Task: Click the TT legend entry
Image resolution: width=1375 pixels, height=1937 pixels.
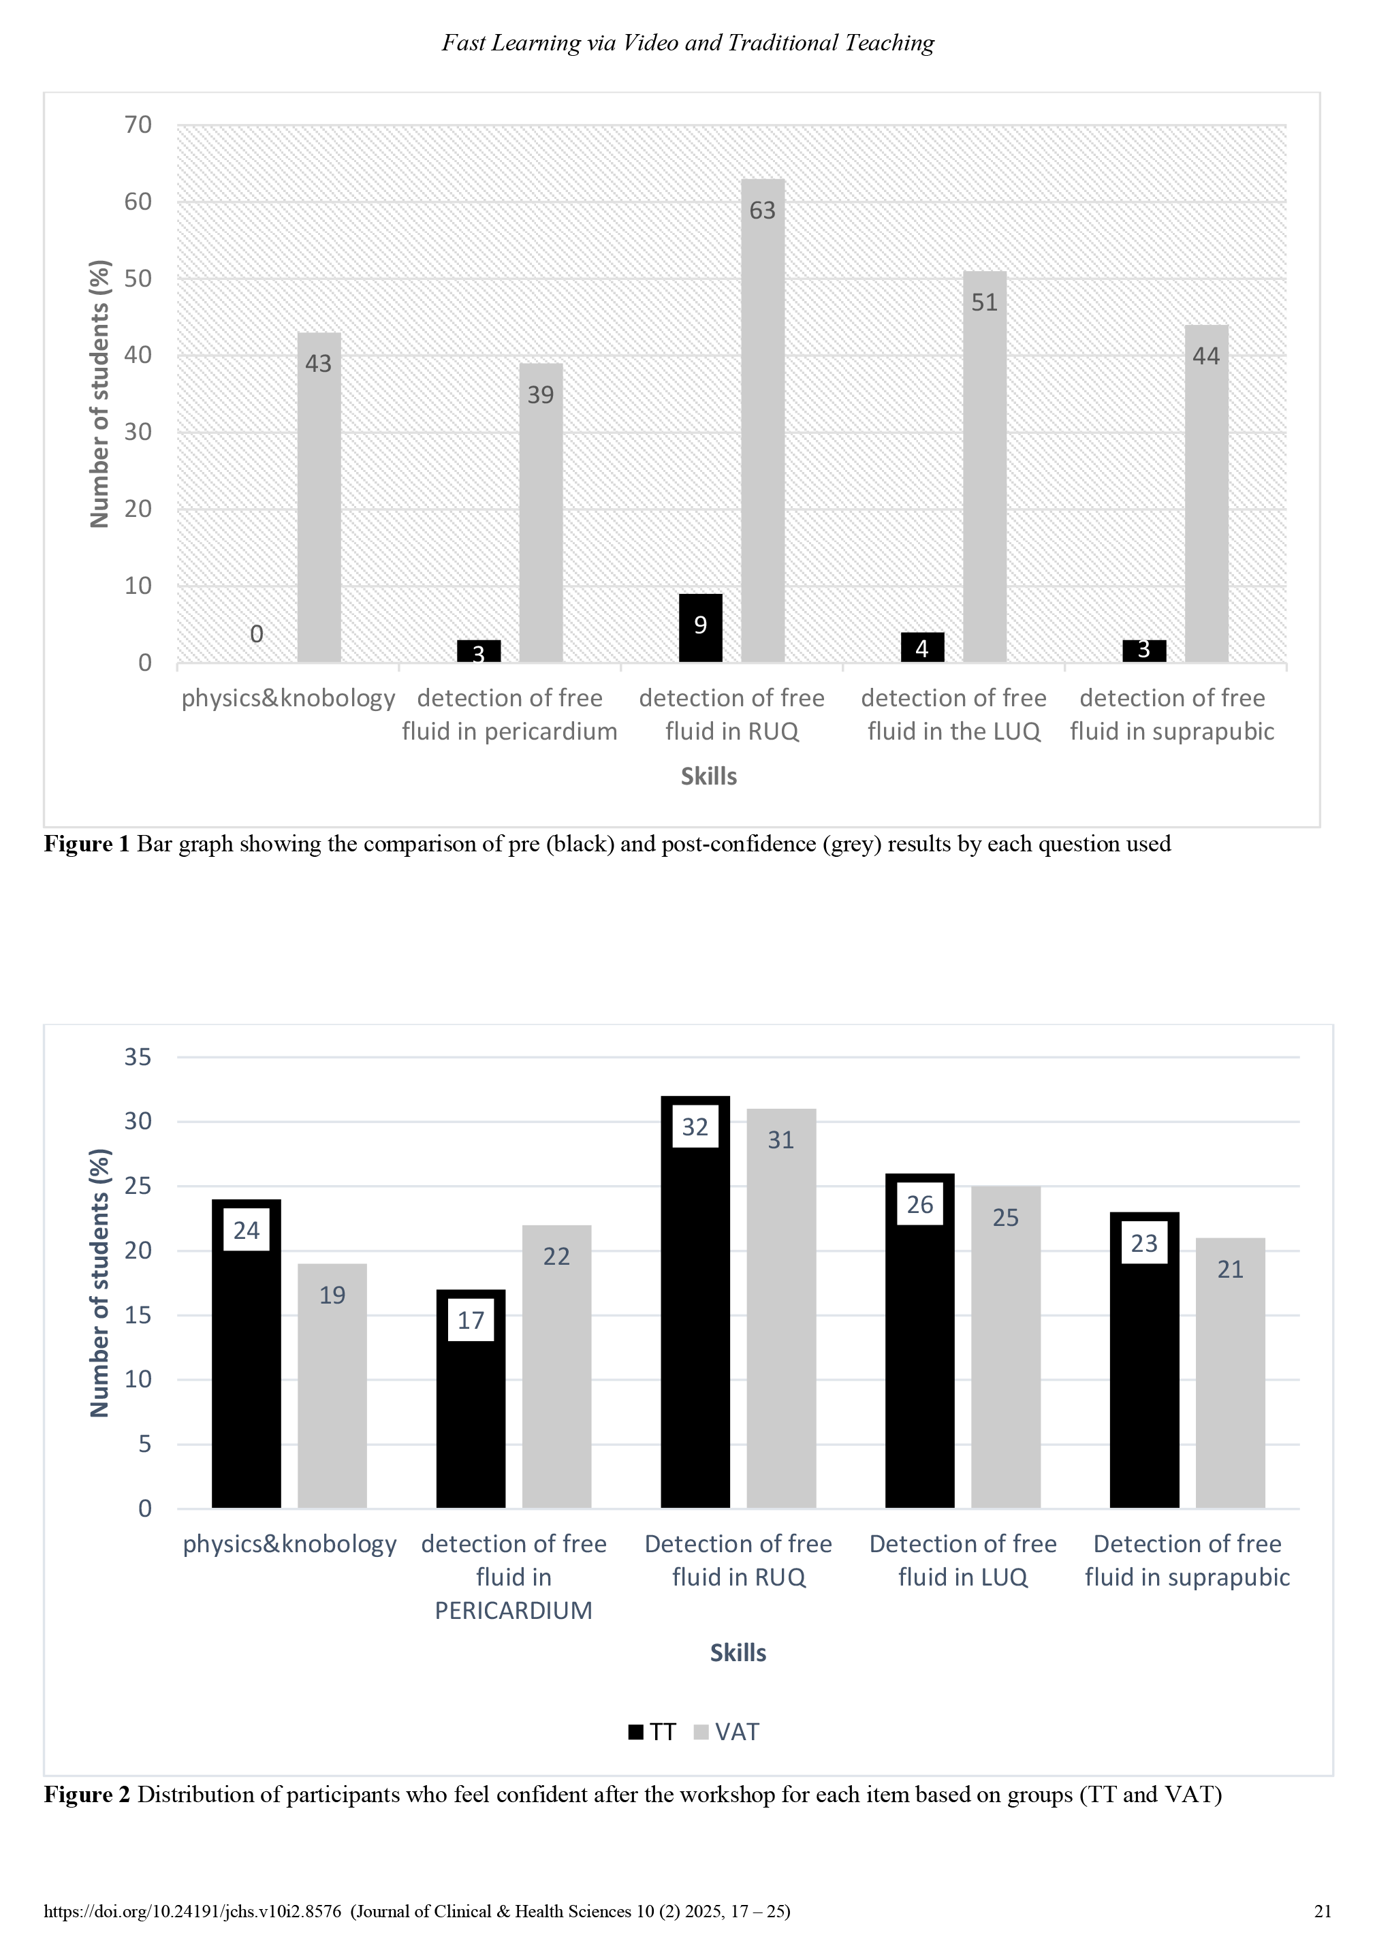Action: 652,1731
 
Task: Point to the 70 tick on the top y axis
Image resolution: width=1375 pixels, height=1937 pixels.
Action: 138,125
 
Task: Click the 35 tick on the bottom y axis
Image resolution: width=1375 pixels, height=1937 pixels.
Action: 138,1056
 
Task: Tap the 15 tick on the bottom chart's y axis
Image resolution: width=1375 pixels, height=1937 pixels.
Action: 138,1314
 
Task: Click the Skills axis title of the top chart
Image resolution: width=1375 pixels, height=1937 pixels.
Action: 709,776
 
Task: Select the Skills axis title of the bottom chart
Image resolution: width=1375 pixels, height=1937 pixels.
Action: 738,1652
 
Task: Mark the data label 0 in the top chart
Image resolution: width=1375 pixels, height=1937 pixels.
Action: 257,634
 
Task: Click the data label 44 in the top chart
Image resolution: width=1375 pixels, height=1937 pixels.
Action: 1205,356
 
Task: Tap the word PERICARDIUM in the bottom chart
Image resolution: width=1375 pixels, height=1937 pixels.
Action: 513,1610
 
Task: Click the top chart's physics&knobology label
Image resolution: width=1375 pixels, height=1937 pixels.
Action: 288,698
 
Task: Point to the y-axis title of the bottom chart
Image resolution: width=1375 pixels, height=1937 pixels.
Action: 100,1282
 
